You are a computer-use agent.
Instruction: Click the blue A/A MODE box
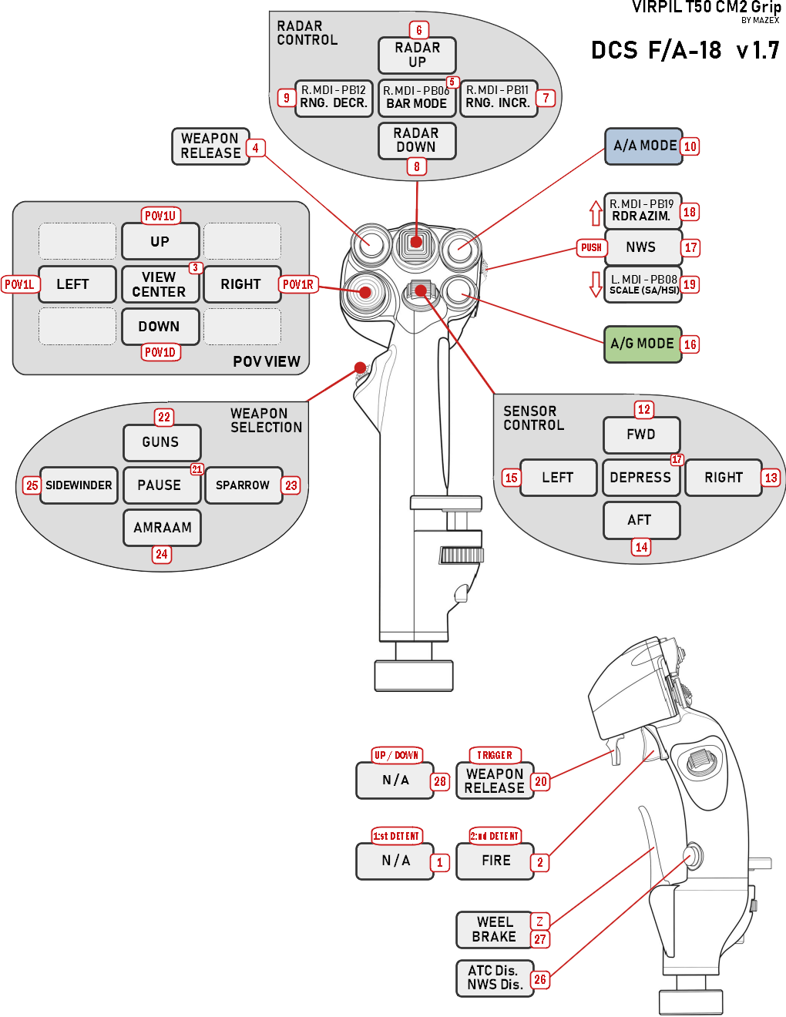point(643,146)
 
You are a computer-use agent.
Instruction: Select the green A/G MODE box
point(643,344)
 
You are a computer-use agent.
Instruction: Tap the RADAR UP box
point(417,55)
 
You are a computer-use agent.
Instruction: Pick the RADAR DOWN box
point(417,140)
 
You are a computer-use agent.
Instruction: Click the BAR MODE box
point(417,98)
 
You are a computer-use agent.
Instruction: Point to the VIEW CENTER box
point(160,284)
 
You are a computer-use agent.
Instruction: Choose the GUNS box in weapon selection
point(161,442)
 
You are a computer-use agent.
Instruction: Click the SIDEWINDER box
point(79,485)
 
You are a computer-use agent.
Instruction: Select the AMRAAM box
point(162,528)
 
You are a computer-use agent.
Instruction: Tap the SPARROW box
point(243,485)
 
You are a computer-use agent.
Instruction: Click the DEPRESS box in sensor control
point(640,478)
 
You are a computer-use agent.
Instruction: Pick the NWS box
point(641,247)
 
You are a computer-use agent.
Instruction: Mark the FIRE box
point(495,861)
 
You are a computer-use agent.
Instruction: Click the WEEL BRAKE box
point(494,929)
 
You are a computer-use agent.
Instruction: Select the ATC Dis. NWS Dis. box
point(494,978)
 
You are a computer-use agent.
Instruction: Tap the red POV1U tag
point(160,216)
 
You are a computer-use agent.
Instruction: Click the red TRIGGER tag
point(495,755)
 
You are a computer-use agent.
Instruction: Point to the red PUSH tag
point(591,247)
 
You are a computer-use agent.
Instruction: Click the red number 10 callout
point(690,146)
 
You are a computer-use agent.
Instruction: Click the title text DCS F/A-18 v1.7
point(684,51)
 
